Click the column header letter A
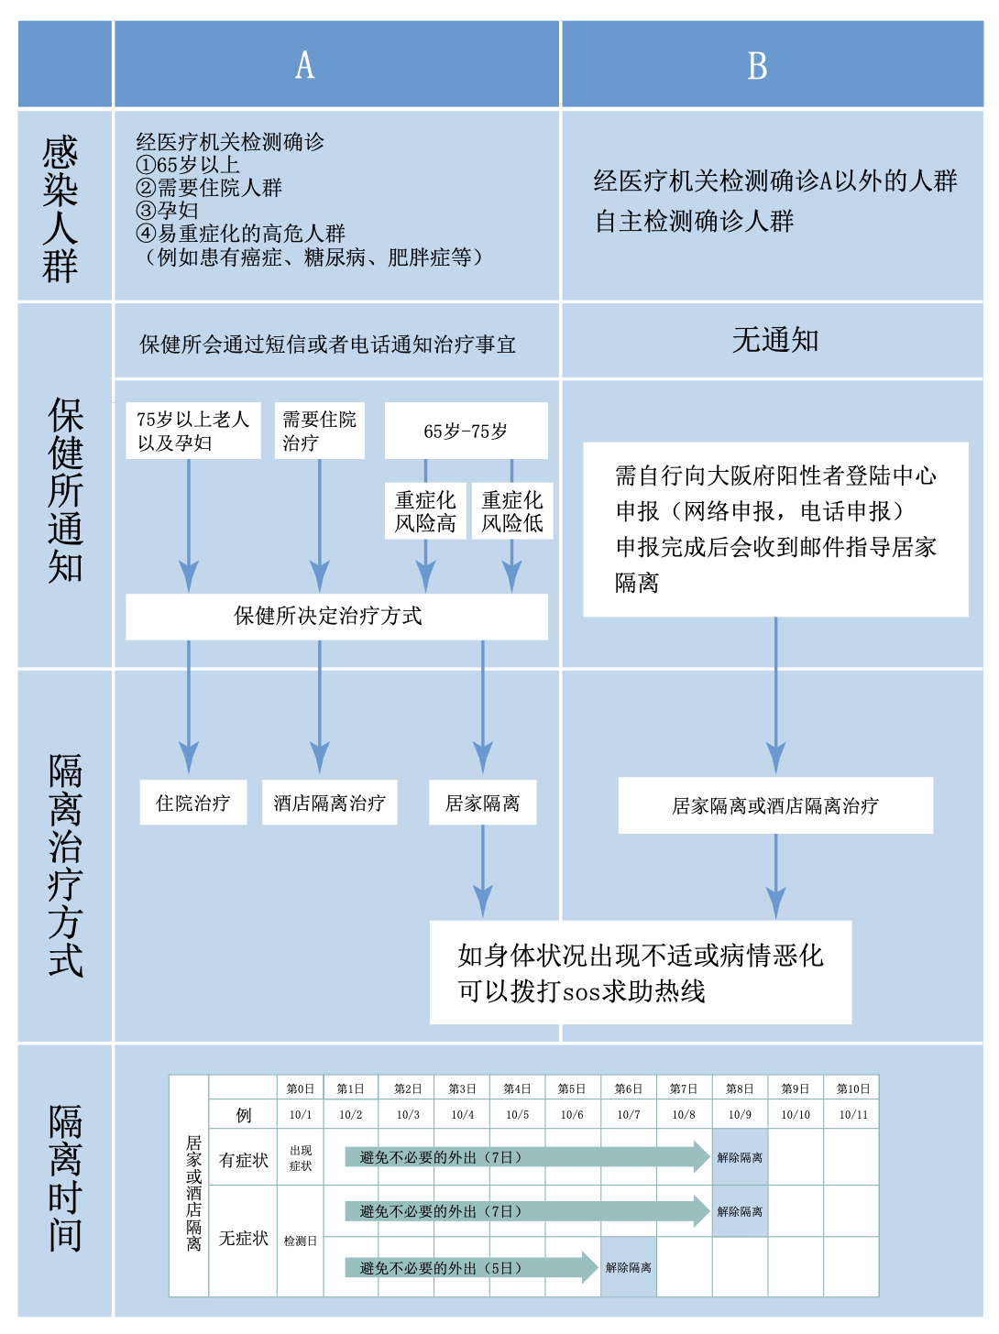click(x=305, y=66)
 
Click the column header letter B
click(x=757, y=66)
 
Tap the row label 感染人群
click(x=61, y=209)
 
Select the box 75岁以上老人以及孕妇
click(x=192, y=431)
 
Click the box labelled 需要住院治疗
click(x=319, y=431)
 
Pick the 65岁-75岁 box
click(x=466, y=431)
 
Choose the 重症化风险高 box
click(x=425, y=511)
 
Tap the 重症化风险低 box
click(x=512, y=511)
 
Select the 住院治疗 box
click(x=192, y=803)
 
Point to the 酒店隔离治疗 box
click(x=329, y=803)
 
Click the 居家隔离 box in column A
click(x=482, y=803)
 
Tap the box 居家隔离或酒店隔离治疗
click(x=775, y=805)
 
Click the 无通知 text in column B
click(x=775, y=340)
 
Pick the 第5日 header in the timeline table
click(x=572, y=1088)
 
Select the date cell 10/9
click(x=740, y=1114)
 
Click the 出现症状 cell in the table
click(x=301, y=1158)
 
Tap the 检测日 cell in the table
click(x=301, y=1241)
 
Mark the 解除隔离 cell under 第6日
click(x=629, y=1268)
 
